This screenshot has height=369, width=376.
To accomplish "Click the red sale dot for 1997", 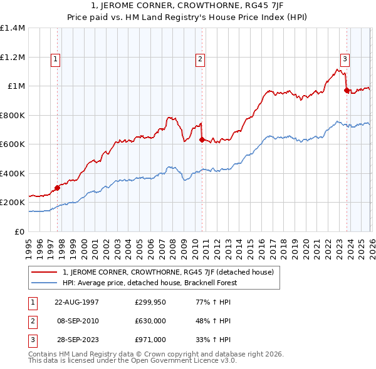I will (57, 187).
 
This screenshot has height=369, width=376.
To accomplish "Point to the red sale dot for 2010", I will (202, 139).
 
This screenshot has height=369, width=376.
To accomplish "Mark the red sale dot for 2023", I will (347, 90).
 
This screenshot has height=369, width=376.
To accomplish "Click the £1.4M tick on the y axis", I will (13, 28).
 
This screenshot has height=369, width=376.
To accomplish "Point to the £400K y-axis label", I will (13, 173).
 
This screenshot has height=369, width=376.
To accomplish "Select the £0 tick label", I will (19, 231).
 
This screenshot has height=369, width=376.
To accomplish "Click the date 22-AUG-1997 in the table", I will (76, 302).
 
